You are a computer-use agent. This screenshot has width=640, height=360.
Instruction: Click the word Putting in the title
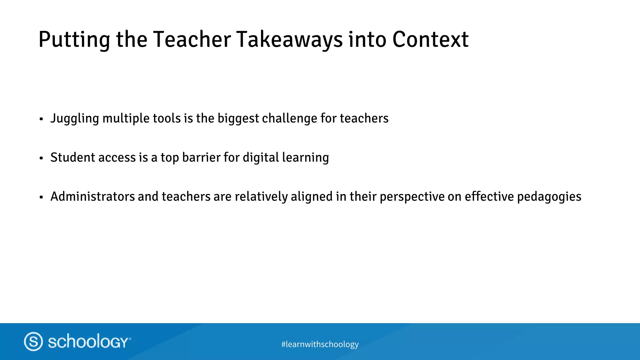coord(74,40)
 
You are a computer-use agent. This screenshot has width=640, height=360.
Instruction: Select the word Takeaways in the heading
coord(289,40)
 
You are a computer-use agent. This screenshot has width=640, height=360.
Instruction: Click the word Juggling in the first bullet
coord(75,119)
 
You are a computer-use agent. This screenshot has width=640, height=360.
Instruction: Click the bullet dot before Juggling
coord(41,119)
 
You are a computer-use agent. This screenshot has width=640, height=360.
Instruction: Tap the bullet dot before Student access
coord(41,158)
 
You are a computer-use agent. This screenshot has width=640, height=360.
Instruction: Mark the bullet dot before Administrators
coord(41,197)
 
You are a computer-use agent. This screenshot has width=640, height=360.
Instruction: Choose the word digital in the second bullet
coord(260,158)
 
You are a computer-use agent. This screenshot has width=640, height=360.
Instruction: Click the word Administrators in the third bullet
coord(92,197)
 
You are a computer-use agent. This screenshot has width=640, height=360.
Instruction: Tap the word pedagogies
coord(549,197)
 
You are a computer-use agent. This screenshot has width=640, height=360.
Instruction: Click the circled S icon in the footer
coord(33,341)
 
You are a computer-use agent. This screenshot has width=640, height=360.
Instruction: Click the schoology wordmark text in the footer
coord(89,341)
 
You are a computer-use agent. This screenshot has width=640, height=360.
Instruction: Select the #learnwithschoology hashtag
coord(320,344)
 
